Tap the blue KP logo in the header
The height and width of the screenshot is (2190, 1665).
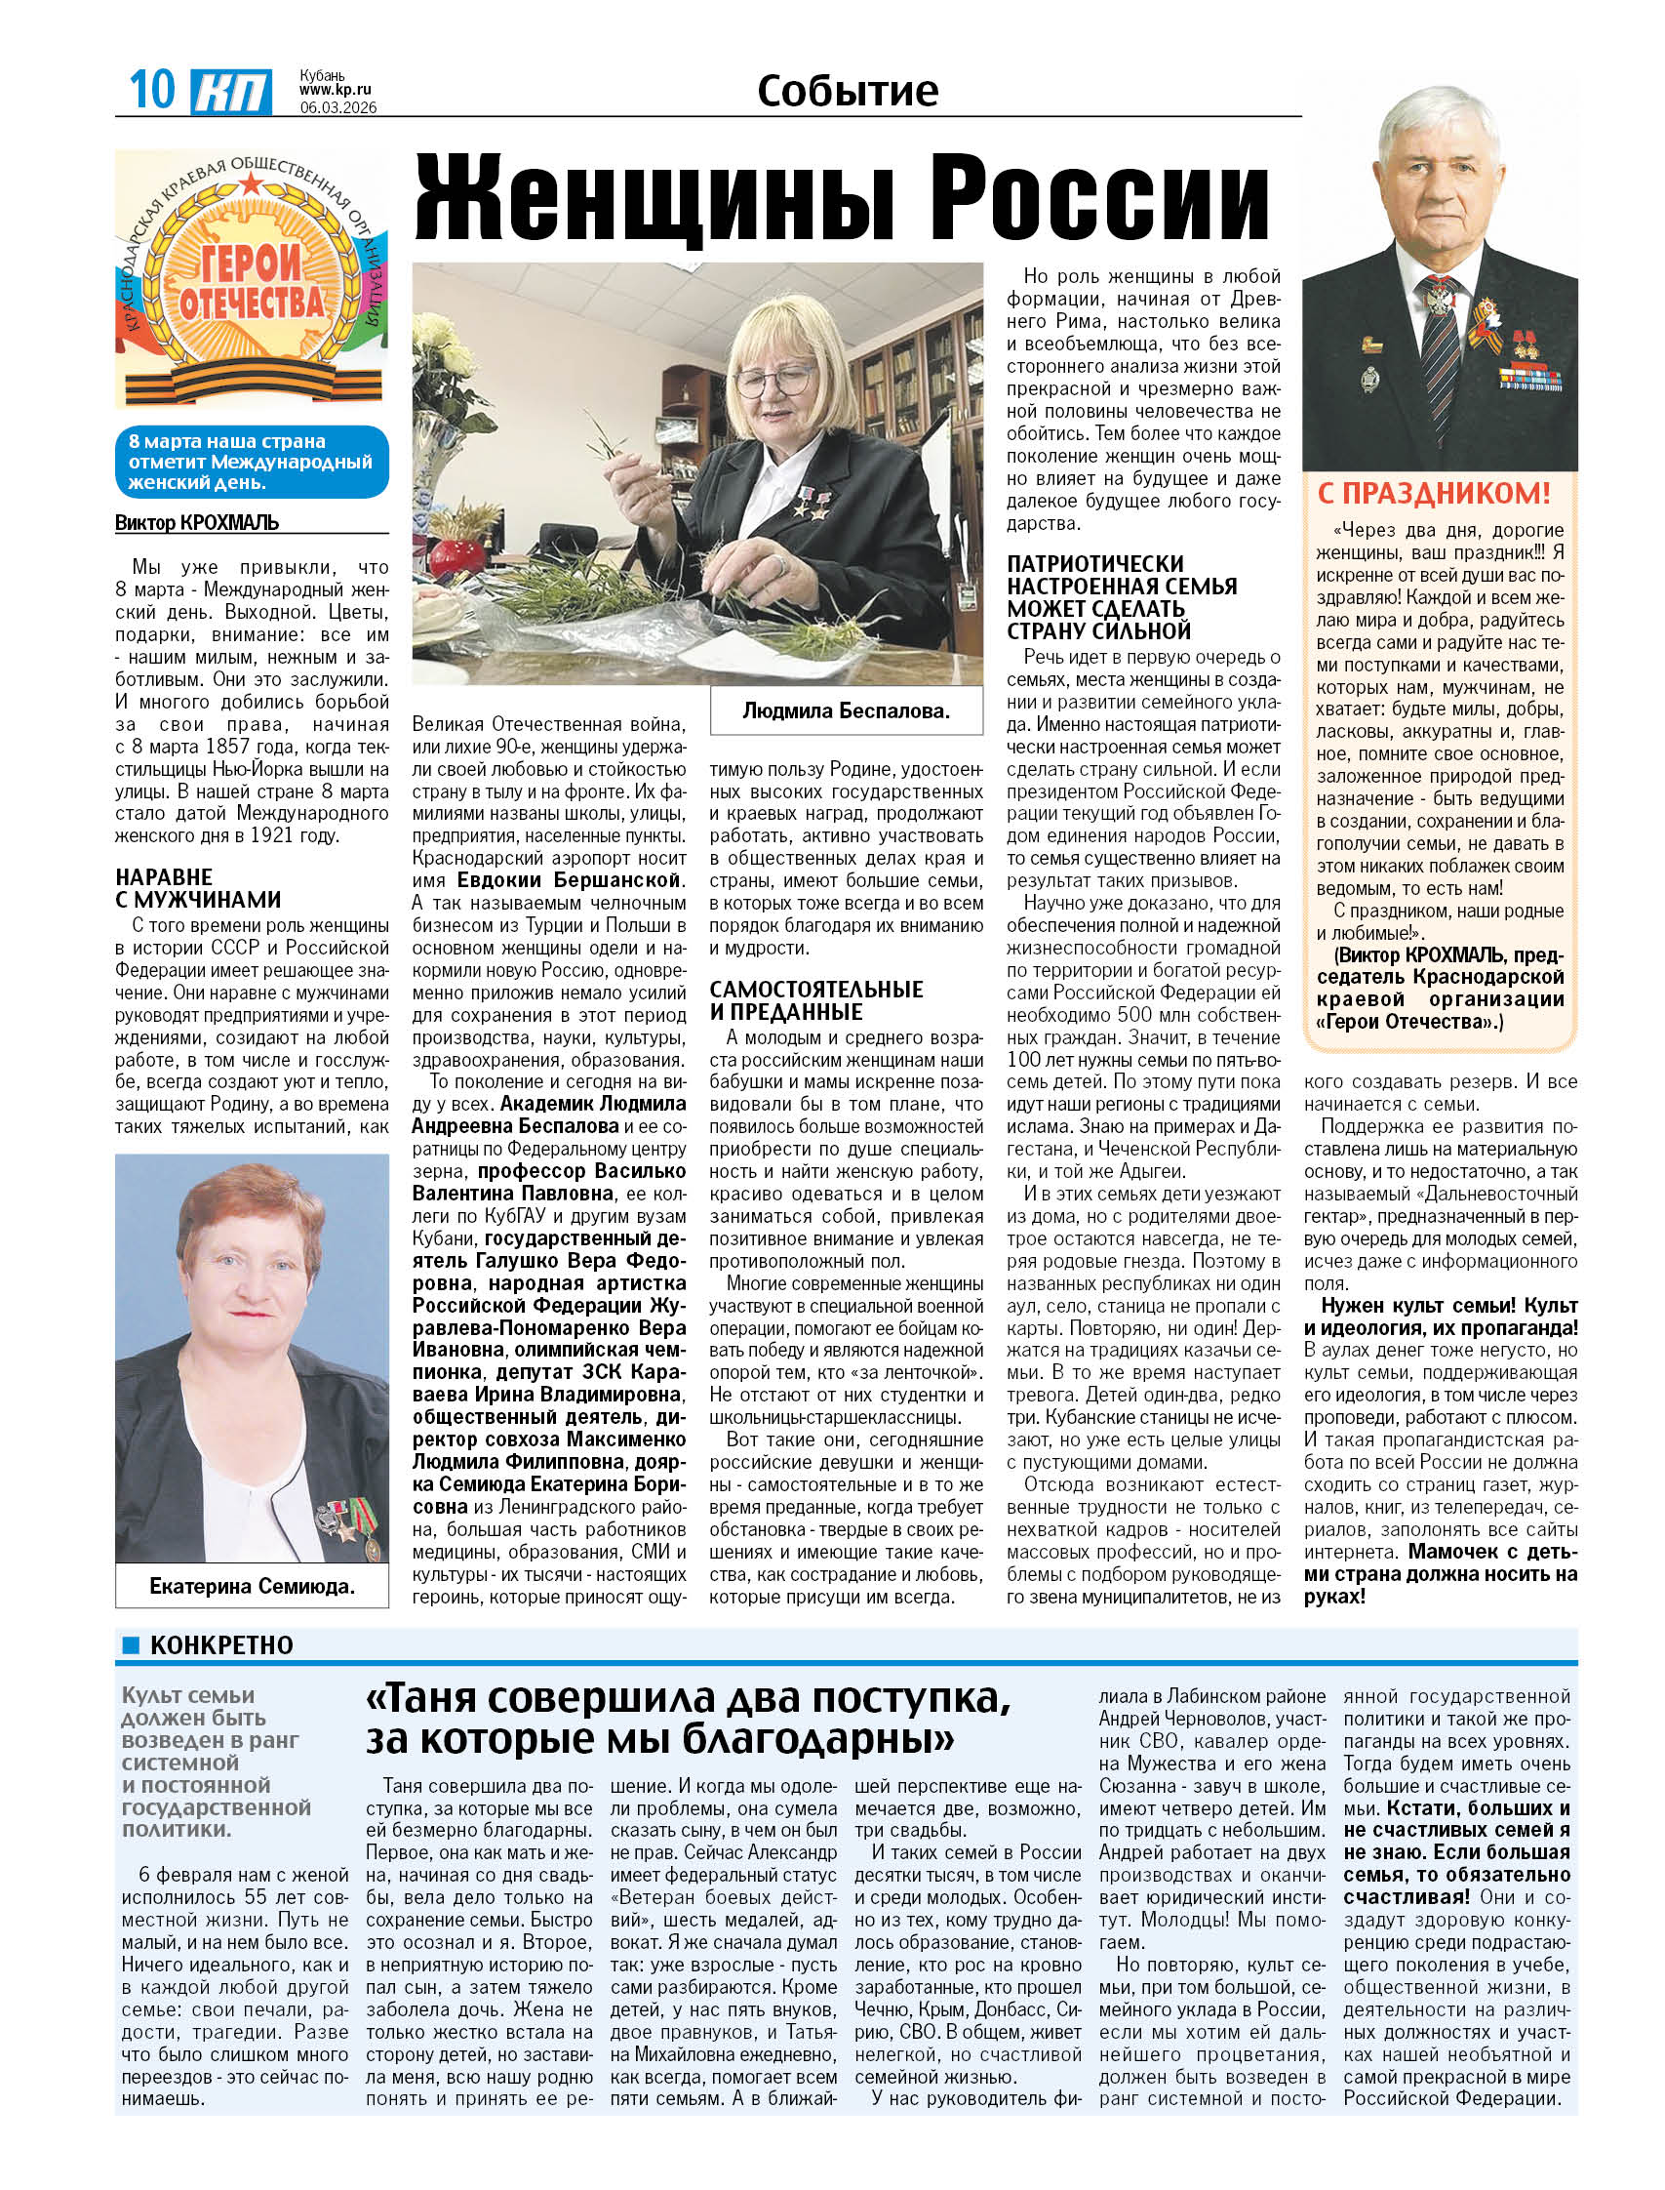tap(231, 92)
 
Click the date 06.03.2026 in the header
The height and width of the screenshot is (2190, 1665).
tap(337, 107)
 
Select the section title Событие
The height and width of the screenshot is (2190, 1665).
tap(848, 90)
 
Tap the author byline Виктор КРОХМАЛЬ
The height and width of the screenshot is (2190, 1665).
tap(197, 522)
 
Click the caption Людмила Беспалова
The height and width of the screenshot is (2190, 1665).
tap(847, 710)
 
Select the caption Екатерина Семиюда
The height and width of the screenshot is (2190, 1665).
tap(252, 1586)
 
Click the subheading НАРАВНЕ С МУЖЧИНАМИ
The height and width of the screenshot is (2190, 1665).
tap(198, 888)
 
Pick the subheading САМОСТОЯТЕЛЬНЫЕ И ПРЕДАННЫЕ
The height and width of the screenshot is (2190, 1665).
tap(815, 1000)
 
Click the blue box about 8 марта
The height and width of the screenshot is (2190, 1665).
tap(252, 462)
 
